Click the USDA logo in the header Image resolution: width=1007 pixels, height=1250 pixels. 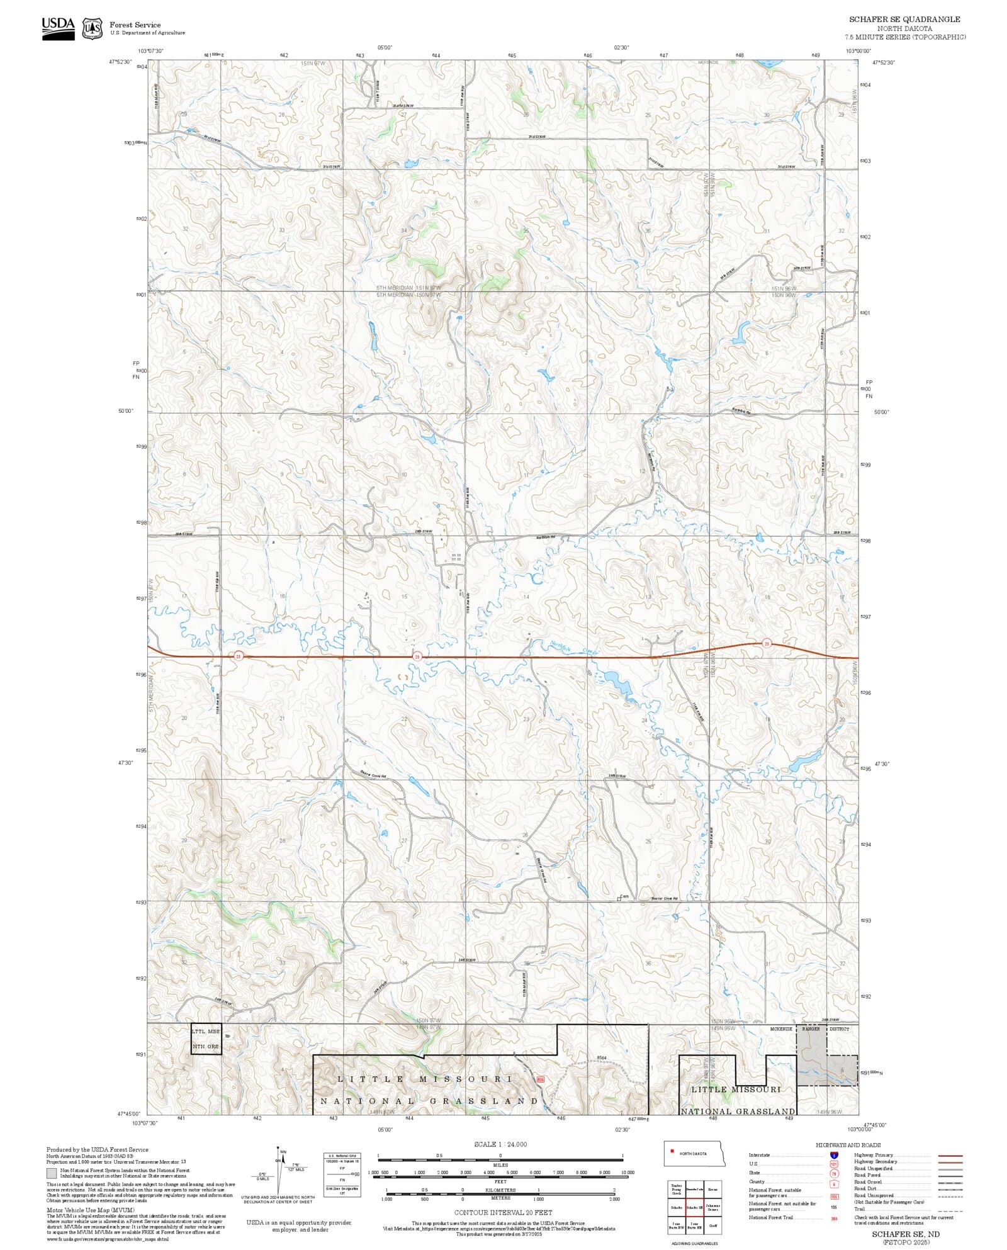[x=58, y=28]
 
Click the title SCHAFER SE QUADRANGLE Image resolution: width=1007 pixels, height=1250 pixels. [x=904, y=20]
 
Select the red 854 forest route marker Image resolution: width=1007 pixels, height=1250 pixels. [x=540, y=1079]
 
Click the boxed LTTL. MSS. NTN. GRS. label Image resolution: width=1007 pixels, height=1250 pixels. [x=206, y=1039]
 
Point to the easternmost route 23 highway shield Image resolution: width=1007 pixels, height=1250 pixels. [x=766, y=643]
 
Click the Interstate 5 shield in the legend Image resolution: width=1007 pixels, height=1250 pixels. [x=834, y=1156]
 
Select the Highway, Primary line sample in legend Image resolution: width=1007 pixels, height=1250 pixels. [x=950, y=1156]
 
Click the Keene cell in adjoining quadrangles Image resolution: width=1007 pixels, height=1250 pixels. [x=712, y=1190]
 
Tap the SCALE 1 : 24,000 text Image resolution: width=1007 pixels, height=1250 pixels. [x=500, y=1144]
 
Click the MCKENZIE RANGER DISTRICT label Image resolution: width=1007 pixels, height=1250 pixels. [x=809, y=1029]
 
